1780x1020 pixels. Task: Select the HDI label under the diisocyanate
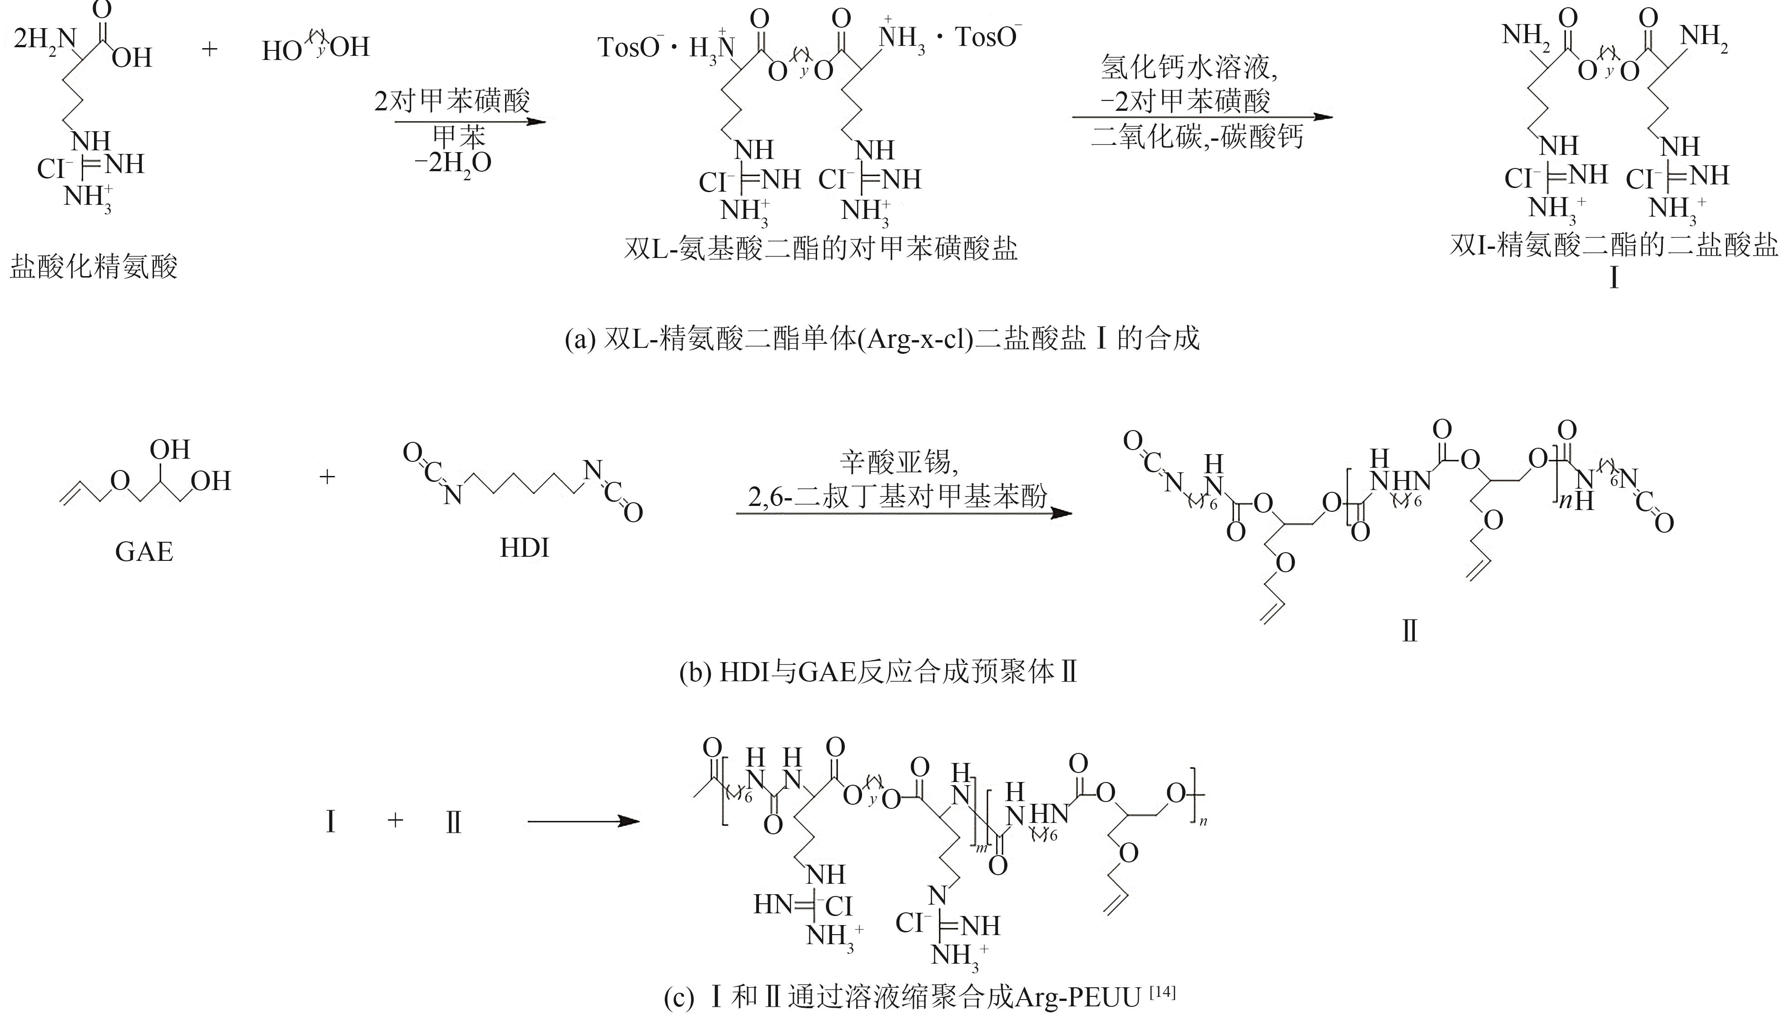coord(524,547)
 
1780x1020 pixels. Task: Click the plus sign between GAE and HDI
coord(327,477)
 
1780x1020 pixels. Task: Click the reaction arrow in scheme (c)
coord(584,821)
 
